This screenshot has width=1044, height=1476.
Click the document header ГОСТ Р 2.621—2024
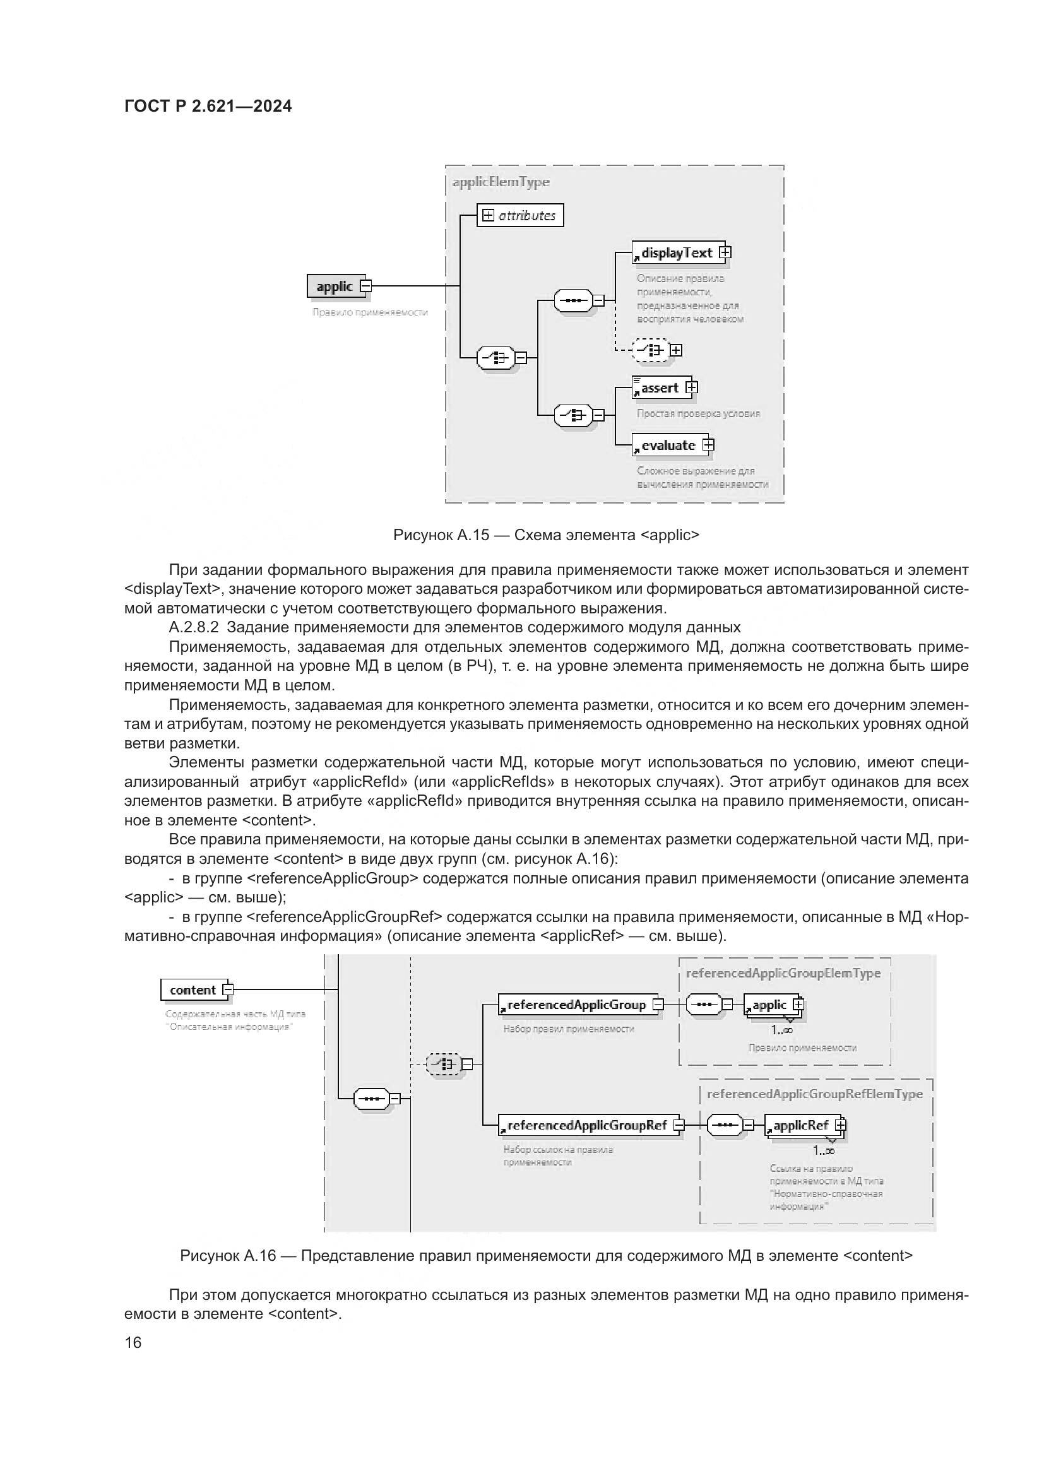point(208,107)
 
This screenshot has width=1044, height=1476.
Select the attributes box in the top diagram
point(519,215)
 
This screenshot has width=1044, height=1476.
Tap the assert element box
point(659,387)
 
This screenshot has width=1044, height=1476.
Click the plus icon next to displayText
point(725,252)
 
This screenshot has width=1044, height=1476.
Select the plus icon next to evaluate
point(708,445)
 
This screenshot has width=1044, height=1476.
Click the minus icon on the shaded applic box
point(365,286)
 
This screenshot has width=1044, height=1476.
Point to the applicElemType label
point(501,182)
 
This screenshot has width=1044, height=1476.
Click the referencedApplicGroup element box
point(576,1005)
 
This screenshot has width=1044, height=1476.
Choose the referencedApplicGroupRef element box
point(586,1126)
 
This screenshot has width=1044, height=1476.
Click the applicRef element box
point(800,1126)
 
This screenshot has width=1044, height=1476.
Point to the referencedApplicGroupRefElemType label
point(814,1094)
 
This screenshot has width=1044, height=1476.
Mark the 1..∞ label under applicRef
point(824,1151)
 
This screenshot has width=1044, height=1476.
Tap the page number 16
point(133,1342)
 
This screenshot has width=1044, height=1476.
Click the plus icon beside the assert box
point(691,387)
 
